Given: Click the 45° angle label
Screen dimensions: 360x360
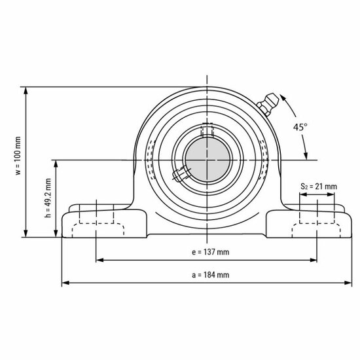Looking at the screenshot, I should tap(300, 128).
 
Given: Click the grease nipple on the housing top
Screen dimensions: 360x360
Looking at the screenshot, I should tap(267, 103).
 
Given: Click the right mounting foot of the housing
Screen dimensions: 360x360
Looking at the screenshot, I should tap(308, 223).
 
